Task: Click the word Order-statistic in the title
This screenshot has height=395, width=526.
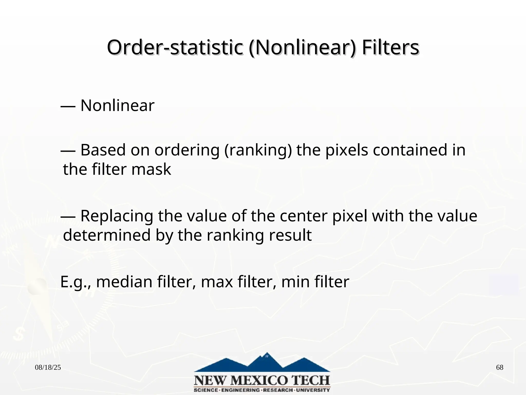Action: click(x=175, y=48)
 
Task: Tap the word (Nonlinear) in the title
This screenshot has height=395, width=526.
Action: click(x=302, y=48)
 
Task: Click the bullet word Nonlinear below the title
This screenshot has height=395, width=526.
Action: click(x=117, y=105)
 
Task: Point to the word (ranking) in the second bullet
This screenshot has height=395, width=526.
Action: click(x=258, y=150)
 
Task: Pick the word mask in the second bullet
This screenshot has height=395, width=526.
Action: click(x=151, y=169)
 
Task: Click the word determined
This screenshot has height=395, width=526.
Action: click(x=107, y=235)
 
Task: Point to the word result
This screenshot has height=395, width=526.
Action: click(x=290, y=235)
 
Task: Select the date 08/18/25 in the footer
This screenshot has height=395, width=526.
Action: click(x=48, y=367)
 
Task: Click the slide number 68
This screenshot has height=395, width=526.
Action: click(x=500, y=367)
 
